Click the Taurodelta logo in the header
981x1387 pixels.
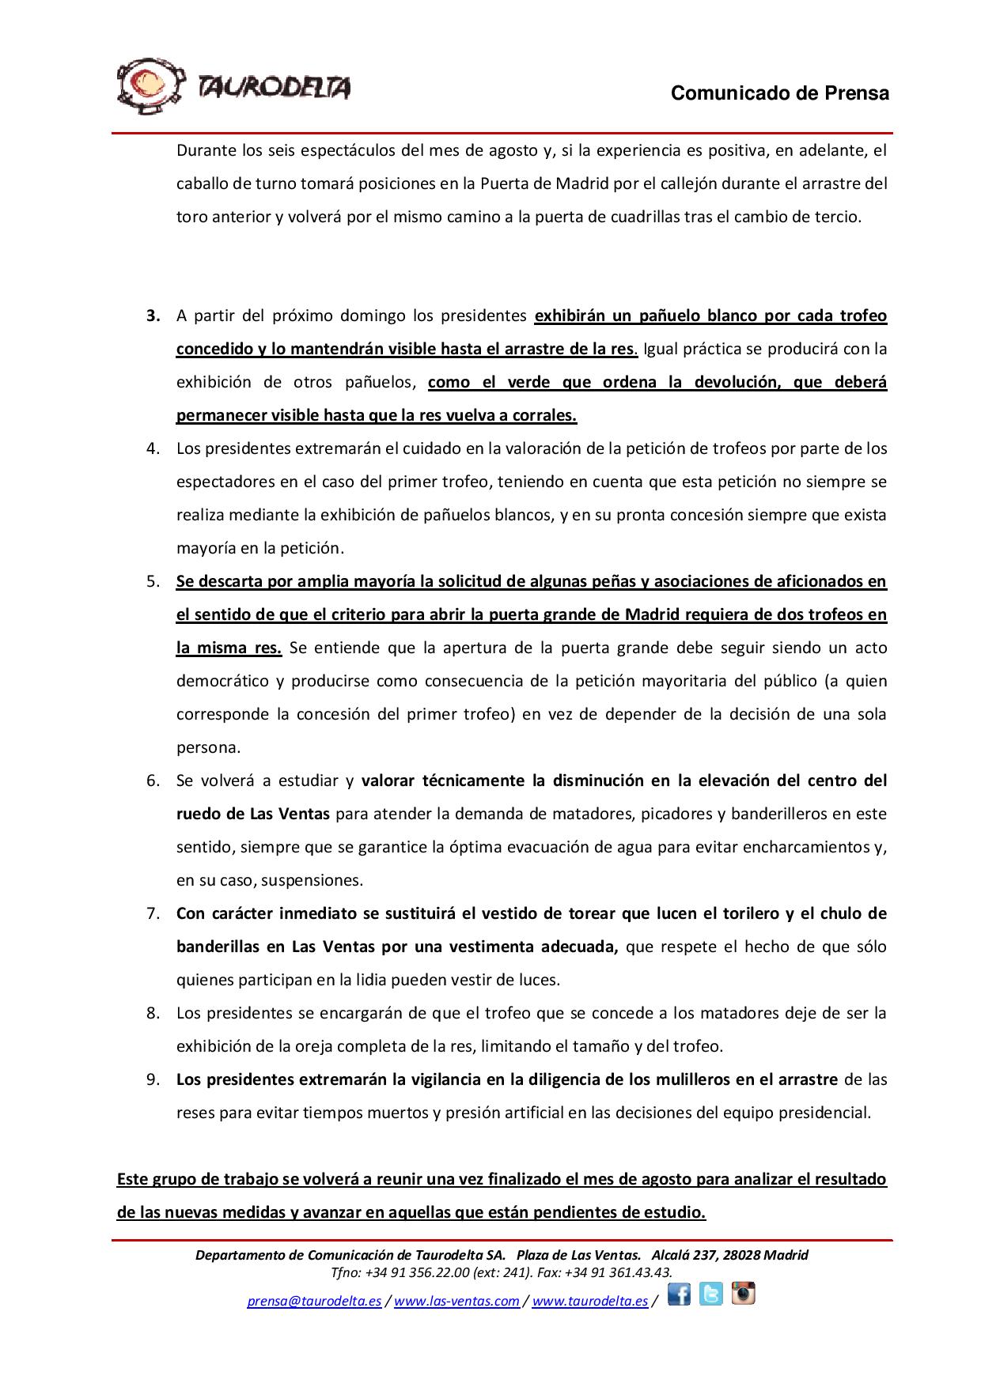point(233,86)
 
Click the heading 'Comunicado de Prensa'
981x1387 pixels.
point(779,93)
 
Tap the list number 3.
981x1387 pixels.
point(153,316)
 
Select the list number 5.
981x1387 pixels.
point(153,581)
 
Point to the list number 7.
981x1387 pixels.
point(153,913)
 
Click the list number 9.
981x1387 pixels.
point(153,1079)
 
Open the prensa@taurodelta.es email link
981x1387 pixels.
point(314,1301)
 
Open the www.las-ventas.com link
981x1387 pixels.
point(456,1301)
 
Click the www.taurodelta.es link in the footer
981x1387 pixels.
point(589,1301)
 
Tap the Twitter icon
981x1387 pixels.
point(710,1294)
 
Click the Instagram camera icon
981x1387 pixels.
point(743,1293)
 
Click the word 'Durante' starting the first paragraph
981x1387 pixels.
point(203,150)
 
